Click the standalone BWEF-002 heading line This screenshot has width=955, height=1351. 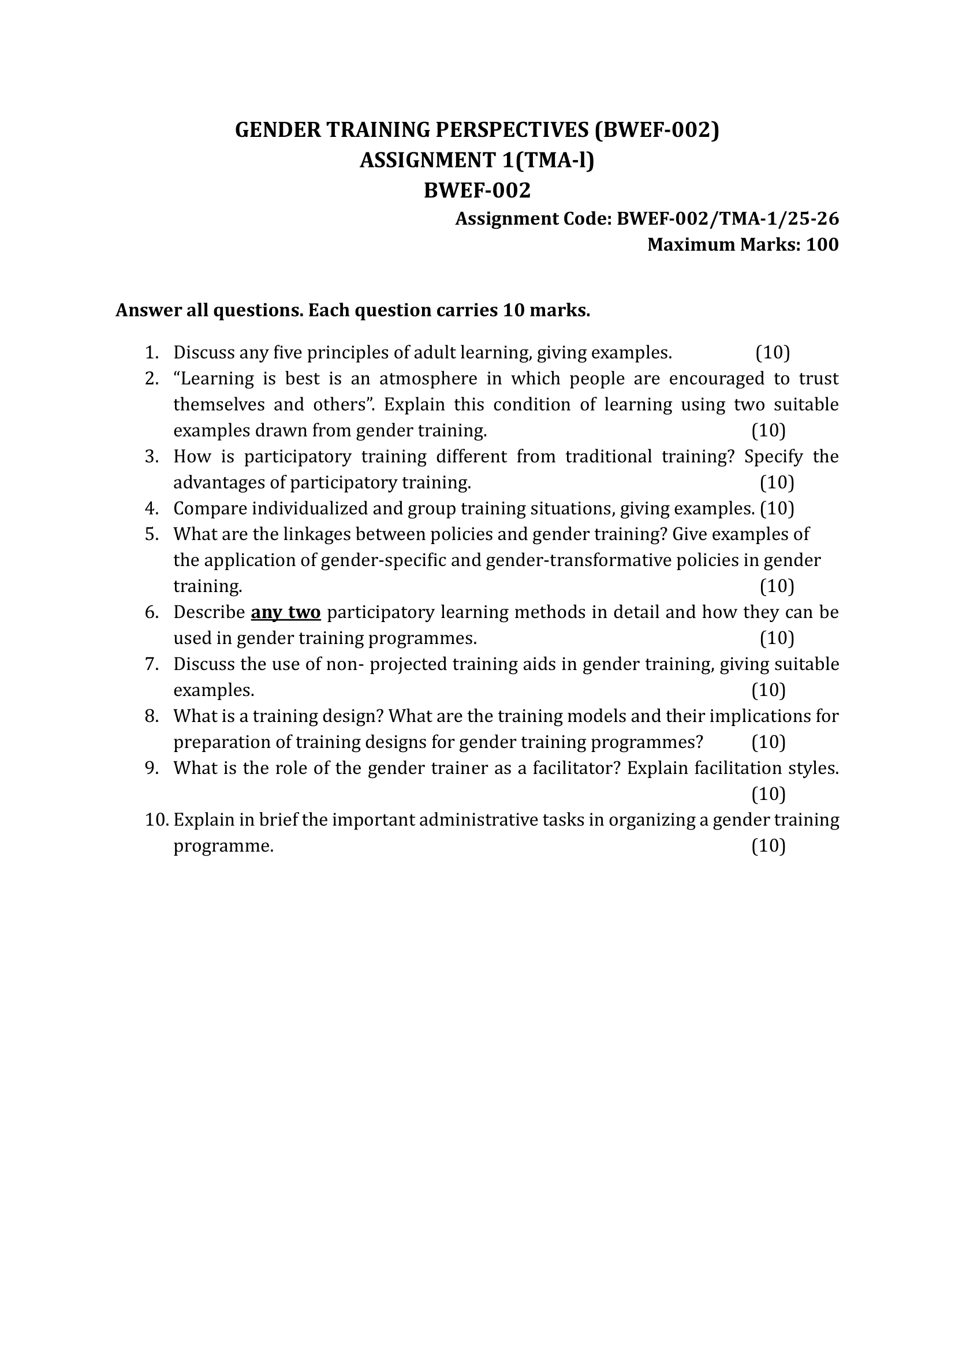pos(477,190)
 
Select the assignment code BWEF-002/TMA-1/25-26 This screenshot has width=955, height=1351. pos(728,219)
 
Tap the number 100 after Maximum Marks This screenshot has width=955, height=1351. pos(822,244)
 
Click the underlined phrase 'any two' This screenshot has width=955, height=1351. pos(286,612)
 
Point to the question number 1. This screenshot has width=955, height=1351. pos(152,353)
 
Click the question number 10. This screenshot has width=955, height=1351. pos(156,820)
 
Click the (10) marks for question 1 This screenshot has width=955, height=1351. pos(773,353)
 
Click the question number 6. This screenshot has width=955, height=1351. pos(152,612)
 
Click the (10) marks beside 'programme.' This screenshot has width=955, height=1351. pos(769,846)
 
